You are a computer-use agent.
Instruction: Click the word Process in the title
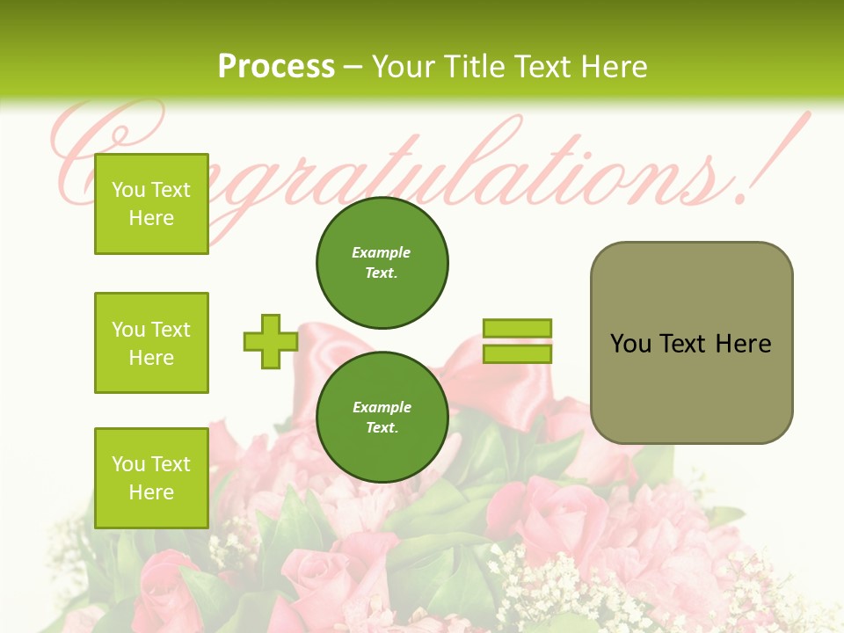coord(276,67)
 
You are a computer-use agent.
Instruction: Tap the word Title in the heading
coord(472,67)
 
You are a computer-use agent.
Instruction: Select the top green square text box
coord(151,204)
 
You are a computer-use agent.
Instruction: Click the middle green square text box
coord(151,343)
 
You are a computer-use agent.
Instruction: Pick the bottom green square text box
coord(151,477)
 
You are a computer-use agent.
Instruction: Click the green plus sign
coord(270,342)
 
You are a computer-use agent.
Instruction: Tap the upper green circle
coord(382,262)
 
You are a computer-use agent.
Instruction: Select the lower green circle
coord(382,418)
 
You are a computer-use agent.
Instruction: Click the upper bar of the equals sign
coord(517,329)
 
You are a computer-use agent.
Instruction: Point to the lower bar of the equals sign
coord(517,354)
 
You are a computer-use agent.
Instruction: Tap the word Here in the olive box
coord(743,344)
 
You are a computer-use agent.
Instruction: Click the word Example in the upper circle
coord(381,252)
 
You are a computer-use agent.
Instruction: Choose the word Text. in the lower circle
coord(382,428)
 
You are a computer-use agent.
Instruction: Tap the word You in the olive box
coord(630,344)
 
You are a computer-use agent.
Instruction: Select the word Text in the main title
coord(544,67)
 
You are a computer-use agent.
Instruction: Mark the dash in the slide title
coord(353,67)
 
